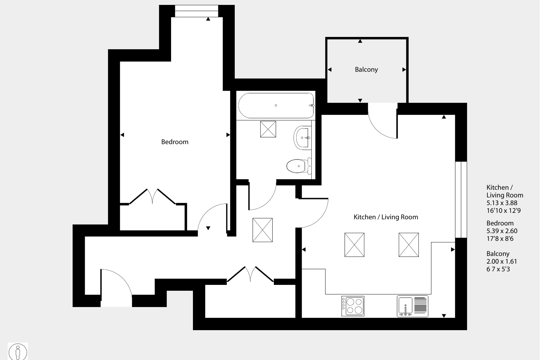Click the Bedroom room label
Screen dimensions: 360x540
175,142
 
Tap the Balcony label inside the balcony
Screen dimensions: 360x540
366,70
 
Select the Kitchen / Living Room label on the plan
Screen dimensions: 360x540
386,217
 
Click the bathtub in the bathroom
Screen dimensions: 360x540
276,105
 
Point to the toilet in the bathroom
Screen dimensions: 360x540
298,166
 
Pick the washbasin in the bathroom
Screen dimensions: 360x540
303,138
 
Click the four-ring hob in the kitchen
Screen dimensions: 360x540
353,306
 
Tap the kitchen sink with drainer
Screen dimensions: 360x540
412,306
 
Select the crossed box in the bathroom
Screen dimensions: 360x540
268,129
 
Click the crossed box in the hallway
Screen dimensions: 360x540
262,230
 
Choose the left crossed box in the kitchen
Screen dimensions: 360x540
354,245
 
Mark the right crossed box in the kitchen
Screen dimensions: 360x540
408,245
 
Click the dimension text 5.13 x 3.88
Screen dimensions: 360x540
502,203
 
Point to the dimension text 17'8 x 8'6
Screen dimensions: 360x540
500,239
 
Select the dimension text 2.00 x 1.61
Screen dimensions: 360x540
502,262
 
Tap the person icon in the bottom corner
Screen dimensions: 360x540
18,352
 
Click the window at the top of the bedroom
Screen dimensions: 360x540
197,11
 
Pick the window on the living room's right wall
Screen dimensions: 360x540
461,199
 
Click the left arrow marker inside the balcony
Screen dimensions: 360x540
330,70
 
